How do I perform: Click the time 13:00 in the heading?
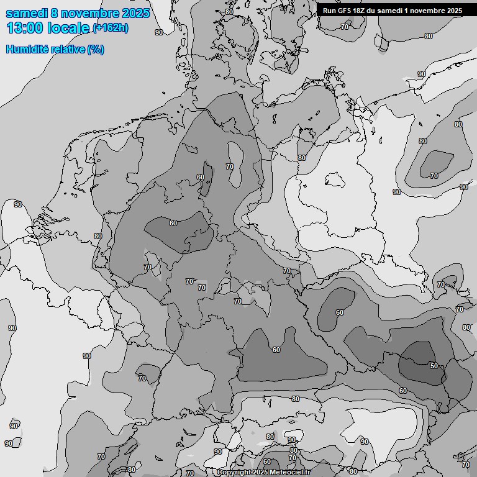click(x=24, y=28)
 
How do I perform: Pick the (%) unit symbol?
click(x=96, y=49)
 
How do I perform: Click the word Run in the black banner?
click(x=329, y=11)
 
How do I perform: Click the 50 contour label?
click(x=434, y=366)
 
